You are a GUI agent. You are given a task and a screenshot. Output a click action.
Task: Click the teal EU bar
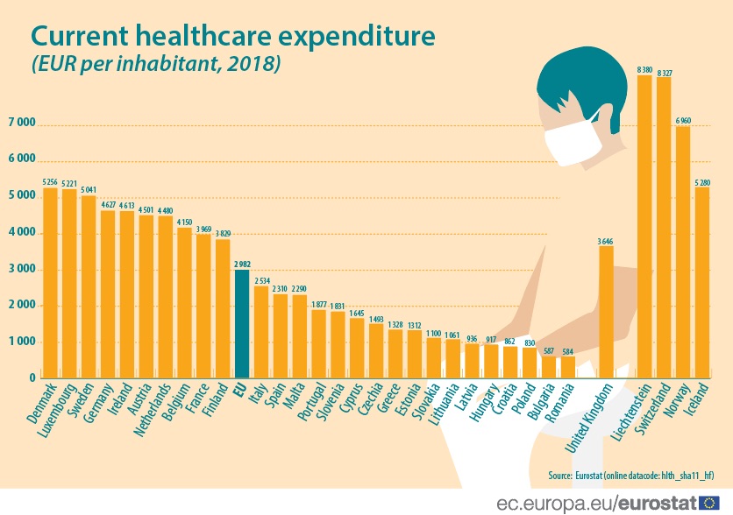241,323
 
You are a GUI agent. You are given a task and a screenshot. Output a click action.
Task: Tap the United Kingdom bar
606,311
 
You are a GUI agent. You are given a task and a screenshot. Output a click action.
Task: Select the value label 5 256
50,182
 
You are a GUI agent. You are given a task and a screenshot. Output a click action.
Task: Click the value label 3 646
606,240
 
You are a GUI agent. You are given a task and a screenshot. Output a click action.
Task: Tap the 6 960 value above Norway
683,120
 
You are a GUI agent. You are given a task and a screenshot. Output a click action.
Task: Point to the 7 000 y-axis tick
22,123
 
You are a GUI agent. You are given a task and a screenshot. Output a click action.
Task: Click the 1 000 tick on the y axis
22,342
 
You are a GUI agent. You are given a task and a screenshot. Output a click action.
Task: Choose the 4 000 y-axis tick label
22,233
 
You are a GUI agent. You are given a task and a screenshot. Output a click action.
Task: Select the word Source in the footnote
561,474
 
